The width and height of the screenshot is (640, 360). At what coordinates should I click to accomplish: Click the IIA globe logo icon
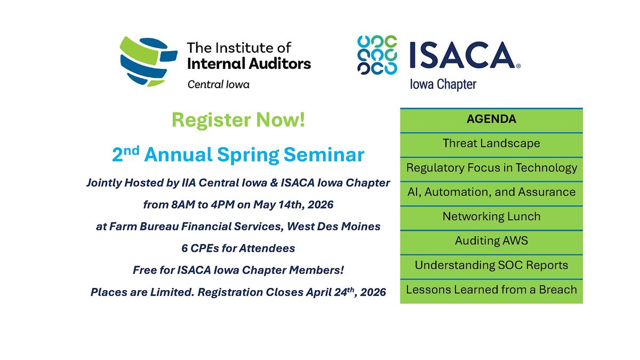tap(148, 61)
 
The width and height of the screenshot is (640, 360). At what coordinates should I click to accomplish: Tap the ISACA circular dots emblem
tap(377, 55)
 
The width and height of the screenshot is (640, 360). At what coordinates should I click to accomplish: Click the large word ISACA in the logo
tap(462, 55)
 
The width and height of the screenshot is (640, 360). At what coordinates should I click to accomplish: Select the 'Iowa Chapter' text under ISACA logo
tap(443, 85)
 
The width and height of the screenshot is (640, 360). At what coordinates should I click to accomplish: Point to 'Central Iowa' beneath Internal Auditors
tap(218, 85)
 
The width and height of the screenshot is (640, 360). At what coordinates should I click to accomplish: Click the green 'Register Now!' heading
tap(238, 119)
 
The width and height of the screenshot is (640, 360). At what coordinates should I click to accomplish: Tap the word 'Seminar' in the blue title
tap(324, 155)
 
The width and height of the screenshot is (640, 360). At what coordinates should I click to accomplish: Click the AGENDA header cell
tap(491, 121)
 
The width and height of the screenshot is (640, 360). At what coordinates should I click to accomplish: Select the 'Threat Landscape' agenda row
tap(491, 145)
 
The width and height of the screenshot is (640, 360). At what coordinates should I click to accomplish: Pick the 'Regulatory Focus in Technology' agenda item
tap(491, 169)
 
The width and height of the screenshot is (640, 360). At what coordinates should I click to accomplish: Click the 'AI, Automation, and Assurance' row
tap(491, 194)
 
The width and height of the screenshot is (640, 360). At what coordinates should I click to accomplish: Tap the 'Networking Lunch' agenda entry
tap(491, 218)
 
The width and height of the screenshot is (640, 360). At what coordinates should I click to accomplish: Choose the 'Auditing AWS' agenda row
tap(491, 242)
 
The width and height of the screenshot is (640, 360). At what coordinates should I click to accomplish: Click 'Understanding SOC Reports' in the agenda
tap(491, 267)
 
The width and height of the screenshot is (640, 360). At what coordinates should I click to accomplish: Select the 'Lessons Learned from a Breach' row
tap(491, 291)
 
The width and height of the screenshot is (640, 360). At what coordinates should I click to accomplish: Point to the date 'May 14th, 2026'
tap(293, 205)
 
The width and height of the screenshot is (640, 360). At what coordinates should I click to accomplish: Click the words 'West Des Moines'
tap(334, 226)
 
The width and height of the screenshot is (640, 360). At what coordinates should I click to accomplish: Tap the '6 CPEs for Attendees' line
tap(238, 249)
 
